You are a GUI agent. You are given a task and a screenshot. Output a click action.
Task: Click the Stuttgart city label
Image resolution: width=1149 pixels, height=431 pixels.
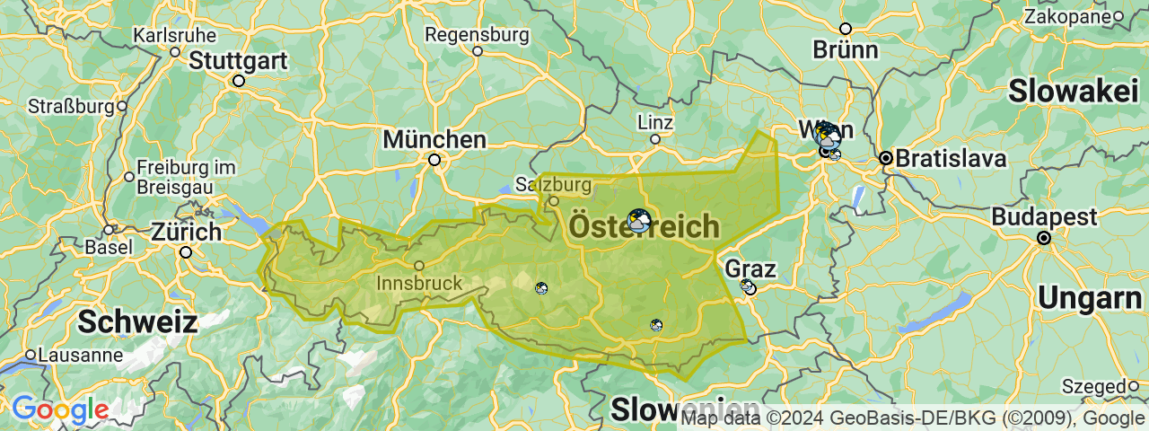pos(238,61)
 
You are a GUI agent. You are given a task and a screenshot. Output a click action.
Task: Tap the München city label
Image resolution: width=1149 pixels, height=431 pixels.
pos(434,140)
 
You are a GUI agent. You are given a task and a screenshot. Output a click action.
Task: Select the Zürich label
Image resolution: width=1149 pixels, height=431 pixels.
pos(186,232)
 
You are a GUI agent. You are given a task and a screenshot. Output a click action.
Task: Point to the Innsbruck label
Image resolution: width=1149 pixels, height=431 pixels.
pos(419,283)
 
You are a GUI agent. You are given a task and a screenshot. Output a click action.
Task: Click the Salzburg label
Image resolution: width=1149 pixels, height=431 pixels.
pos(554,186)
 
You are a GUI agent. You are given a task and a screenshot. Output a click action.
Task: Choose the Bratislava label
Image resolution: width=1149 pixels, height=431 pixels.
pos(951,159)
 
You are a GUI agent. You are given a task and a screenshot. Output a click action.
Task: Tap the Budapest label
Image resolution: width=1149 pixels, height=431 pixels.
pos(1044,217)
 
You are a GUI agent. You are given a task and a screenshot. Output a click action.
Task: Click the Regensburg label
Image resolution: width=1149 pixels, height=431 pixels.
pos(477,34)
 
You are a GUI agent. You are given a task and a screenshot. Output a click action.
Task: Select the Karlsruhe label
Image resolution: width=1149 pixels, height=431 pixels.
pos(174,35)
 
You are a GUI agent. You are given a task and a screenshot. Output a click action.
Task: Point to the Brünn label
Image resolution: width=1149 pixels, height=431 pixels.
pos(845,50)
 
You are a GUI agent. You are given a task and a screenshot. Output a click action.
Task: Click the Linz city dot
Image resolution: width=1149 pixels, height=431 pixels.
pos(655,139)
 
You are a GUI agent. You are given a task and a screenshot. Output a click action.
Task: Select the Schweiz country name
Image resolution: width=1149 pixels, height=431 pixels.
pos(136,321)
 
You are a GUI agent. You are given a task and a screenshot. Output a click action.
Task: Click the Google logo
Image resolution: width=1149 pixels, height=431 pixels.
pos(60,410)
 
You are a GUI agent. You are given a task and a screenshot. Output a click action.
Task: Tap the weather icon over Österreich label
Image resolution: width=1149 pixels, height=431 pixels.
pos(639,220)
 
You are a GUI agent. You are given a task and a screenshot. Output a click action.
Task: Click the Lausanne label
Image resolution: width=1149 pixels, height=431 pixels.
pos(79,355)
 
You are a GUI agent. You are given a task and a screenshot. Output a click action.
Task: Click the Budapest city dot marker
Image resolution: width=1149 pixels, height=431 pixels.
pos(1044,238)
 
